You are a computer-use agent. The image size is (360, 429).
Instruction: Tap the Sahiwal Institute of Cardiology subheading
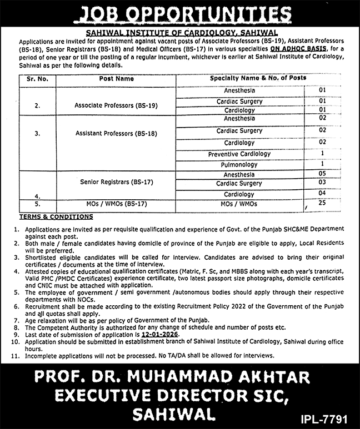[x=179, y=33]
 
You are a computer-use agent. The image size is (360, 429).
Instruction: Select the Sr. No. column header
[x=37, y=79]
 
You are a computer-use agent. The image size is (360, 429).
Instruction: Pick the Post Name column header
[x=117, y=79]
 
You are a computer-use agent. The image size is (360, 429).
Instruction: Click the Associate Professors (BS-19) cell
[x=108, y=105]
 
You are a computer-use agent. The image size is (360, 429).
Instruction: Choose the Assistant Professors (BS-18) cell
[x=109, y=134]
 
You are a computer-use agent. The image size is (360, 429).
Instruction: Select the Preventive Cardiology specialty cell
[x=239, y=154]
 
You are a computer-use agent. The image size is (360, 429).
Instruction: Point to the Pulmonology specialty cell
[x=239, y=165]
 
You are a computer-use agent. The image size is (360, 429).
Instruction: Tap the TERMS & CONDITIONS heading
[x=56, y=217]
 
